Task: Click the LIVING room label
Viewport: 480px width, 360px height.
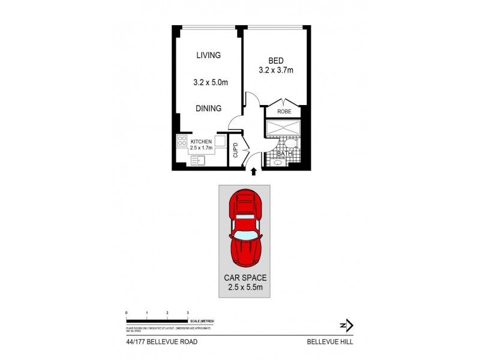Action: pos(209,55)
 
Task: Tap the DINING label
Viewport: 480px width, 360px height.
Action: pos(209,109)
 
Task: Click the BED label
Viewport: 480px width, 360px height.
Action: pos(275,60)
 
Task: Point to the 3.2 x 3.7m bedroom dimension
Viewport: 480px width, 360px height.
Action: pos(275,70)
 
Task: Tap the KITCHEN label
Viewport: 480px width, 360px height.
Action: pos(202,142)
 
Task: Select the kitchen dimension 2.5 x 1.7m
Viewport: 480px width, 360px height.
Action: pos(202,148)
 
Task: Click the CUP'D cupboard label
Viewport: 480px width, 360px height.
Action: pos(235,150)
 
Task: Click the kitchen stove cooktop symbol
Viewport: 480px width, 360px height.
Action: pos(182,142)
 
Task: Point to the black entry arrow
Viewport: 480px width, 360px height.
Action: pos(253,172)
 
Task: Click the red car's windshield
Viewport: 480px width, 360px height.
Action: pos(244,235)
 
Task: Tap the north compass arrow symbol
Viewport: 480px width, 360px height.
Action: pos(347,325)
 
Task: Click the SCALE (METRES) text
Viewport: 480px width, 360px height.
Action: pos(204,322)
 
